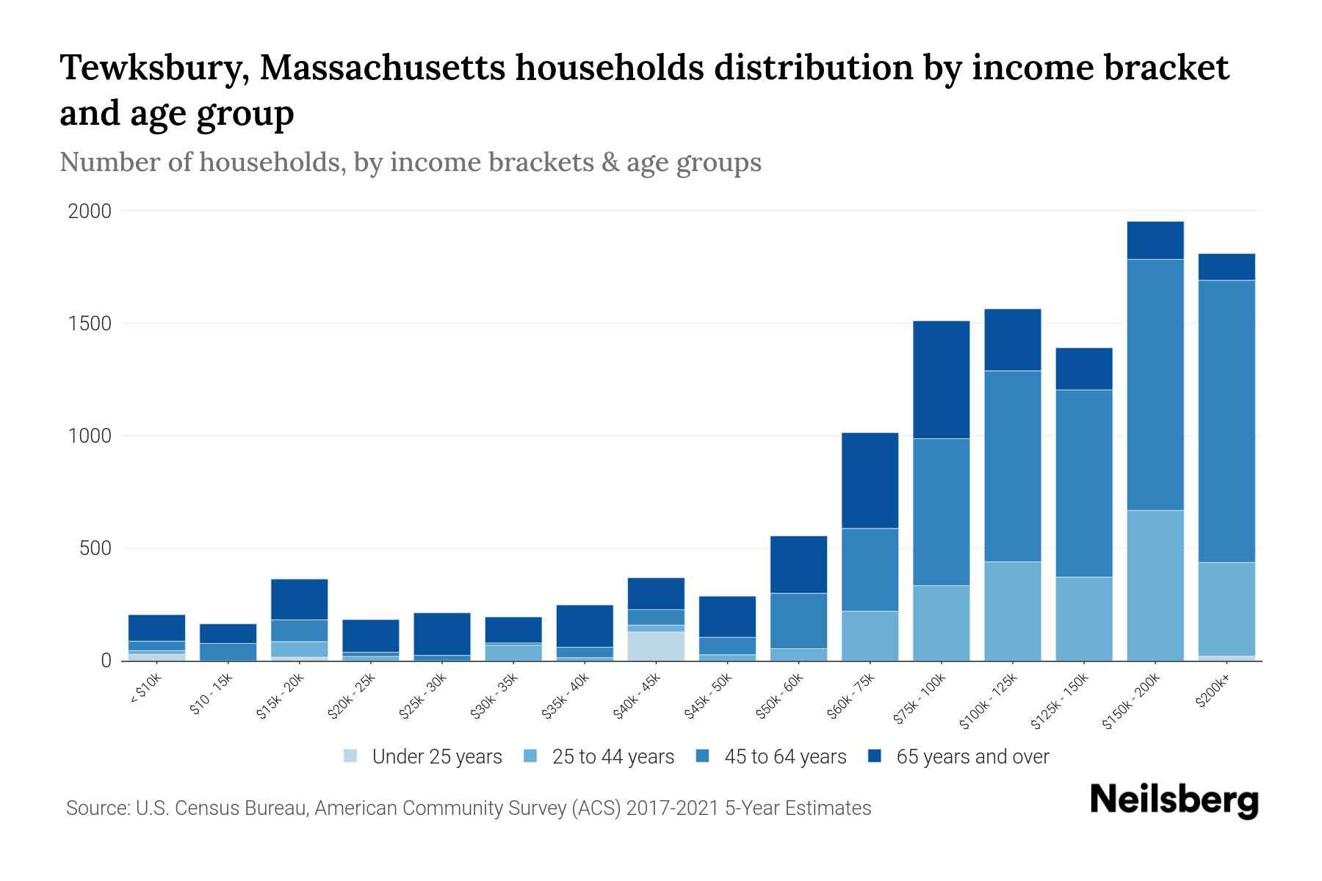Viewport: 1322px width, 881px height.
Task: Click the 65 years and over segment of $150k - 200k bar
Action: point(1155,240)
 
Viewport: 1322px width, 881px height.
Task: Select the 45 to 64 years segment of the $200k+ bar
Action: point(1226,421)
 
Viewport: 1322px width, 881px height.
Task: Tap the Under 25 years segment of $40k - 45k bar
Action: point(655,646)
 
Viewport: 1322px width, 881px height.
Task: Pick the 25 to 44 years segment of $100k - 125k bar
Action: point(1012,611)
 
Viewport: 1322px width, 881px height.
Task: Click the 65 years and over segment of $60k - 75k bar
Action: point(870,480)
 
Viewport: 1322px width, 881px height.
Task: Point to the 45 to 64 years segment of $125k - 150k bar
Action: point(1083,483)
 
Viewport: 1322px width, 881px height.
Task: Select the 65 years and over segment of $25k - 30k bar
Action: point(441,634)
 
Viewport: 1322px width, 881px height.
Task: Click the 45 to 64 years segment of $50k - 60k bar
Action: point(798,620)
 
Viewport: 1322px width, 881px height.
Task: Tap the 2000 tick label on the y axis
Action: point(90,211)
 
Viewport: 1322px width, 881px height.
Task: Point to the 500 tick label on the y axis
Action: point(95,548)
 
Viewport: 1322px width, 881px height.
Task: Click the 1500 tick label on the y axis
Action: point(90,324)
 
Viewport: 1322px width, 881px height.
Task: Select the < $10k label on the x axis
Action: point(145,691)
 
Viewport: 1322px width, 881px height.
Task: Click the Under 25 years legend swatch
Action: point(351,756)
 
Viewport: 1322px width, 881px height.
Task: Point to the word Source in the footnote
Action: point(97,808)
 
